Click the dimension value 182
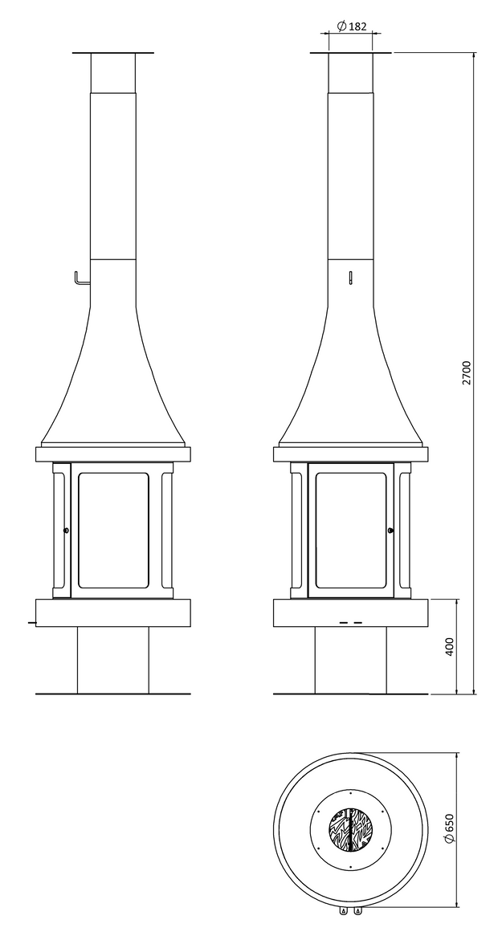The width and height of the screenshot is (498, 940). [x=357, y=26]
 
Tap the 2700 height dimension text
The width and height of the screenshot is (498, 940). [x=467, y=373]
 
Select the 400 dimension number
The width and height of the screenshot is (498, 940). [x=451, y=645]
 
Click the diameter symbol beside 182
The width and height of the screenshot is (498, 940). [x=341, y=26]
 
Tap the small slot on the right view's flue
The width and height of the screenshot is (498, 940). [x=350, y=278]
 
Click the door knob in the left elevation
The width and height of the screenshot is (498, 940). [x=65, y=530]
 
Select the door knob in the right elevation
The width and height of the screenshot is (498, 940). [x=390, y=530]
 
